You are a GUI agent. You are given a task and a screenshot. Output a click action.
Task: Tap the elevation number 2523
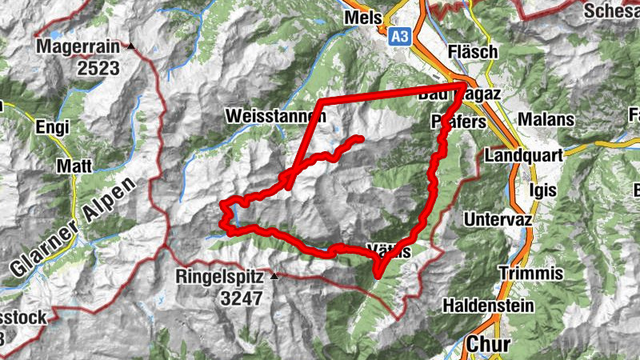click(98, 68)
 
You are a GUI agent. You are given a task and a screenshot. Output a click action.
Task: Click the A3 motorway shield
click(401, 37)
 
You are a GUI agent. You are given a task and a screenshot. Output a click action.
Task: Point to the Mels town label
click(362, 18)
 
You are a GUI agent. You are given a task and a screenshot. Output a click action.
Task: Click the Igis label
click(542, 190)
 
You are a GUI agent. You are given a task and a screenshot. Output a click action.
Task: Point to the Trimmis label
click(530, 274)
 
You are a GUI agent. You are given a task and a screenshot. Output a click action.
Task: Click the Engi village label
click(52, 126)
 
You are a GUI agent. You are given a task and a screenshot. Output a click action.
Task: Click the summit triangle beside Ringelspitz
click(275, 276)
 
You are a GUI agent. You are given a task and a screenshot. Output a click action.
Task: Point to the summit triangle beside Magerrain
click(131, 46)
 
